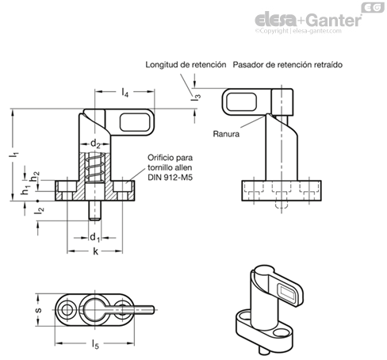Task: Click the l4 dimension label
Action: coord(125,93)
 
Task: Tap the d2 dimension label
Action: coord(95,144)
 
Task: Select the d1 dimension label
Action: coord(95,238)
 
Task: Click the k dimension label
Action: coord(95,251)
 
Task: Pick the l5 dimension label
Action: coord(95,344)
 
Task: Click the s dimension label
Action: coord(39,310)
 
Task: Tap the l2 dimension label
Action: coord(39,210)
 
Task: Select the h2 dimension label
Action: coord(35,176)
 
